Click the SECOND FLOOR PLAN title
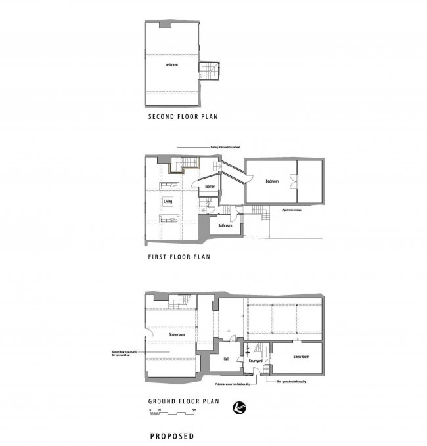(x=183, y=118)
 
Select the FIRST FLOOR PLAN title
(x=179, y=257)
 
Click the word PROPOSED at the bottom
(x=171, y=435)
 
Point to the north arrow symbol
(x=240, y=410)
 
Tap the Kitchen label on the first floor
(x=210, y=187)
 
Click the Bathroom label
(x=225, y=225)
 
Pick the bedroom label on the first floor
(x=272, y=181)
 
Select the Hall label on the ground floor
(x=225, y=359)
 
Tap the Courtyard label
(x=254, y=361)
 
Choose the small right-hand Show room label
(x=301, y=356)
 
